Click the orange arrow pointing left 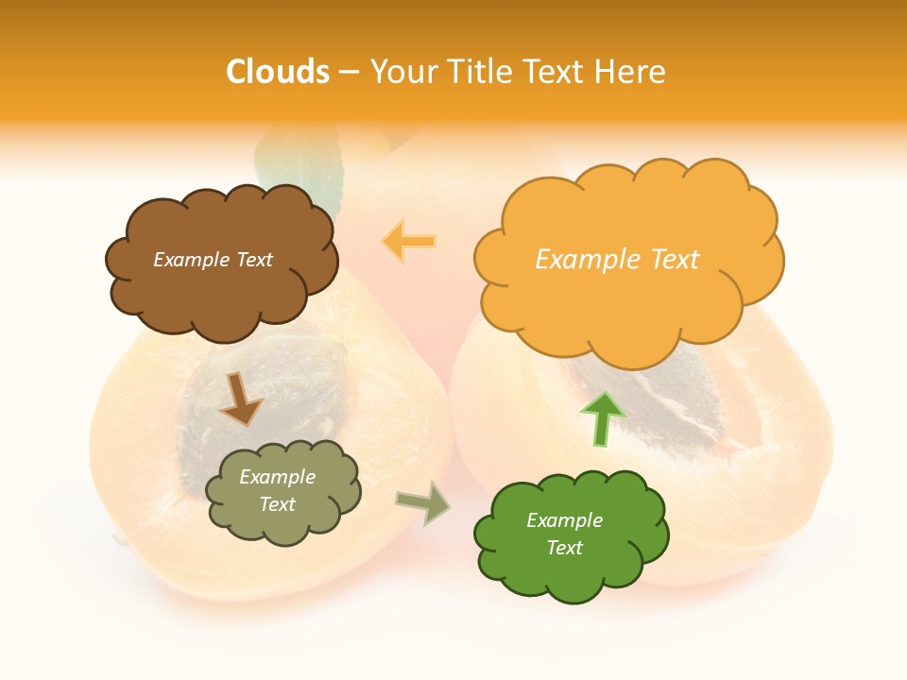[x=409, y=242]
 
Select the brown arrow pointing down [x=241, y=399]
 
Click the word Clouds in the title [x=278, y=72]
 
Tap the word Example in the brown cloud [x=191, y=260]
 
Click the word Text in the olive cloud [x=278, y=504]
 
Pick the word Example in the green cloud [x=564, y=520]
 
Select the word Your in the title [x=401, y=72]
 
